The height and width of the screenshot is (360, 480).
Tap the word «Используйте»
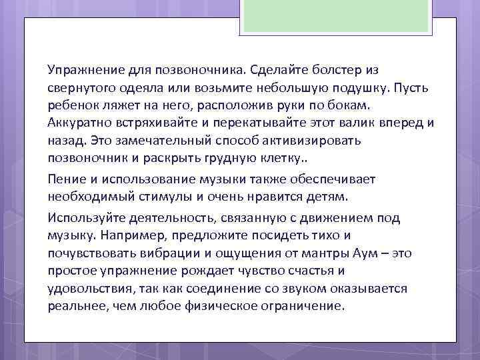pyautogui.click(x=83, y=218)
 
